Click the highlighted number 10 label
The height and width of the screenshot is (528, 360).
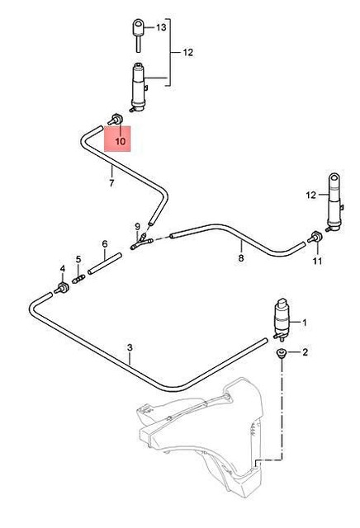(121, 142)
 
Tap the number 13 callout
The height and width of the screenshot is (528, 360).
(161, 27)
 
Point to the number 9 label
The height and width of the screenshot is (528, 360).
(137, 226)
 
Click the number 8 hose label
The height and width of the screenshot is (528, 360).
(240, 257)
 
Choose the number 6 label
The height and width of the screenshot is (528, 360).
(105, 244)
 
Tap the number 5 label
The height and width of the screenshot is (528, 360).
(78, 259)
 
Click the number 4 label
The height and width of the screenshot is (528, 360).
(61, 269)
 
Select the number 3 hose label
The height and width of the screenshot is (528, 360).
(130, 347)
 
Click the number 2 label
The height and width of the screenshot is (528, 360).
(305, 352)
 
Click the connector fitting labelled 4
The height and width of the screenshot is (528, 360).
(62, 288)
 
